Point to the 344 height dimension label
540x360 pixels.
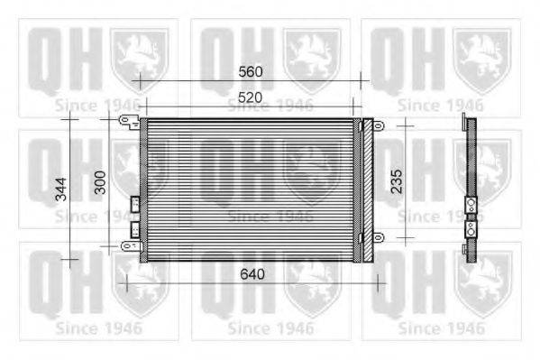pos(60,189)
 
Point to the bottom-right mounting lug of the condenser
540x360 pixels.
pos(379,236)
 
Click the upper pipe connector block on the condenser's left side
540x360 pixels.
pos(134,204)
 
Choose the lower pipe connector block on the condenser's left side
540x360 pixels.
pos(135,229)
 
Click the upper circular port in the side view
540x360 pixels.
pos(470,205)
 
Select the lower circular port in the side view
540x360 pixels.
pos(470,229)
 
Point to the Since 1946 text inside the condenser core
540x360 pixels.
pos(270,216)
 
